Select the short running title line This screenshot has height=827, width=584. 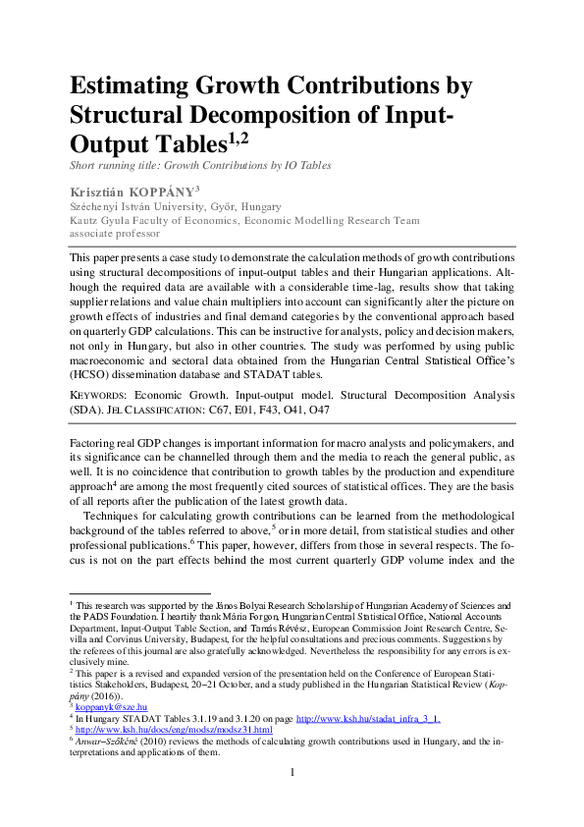tap(200, 165)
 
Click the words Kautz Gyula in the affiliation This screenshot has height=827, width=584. tap(99, 221)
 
